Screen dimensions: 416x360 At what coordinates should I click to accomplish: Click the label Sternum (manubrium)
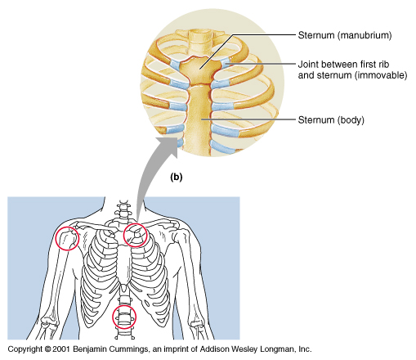click(x=345, y=35)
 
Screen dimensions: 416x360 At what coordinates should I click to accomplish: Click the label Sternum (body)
click(x=331, y=119)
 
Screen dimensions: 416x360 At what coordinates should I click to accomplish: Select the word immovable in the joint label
click(x=380, y=75)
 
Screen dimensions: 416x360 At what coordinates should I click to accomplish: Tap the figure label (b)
click(x=176, y=177)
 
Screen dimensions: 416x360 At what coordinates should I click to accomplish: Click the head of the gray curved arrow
click(x=168, y=146)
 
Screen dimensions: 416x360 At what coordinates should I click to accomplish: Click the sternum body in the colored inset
click(x=199, y=117)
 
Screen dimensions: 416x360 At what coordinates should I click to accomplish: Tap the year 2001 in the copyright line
click(x=61, y=349)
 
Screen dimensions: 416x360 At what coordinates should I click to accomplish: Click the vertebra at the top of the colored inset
click(x=202, y=35)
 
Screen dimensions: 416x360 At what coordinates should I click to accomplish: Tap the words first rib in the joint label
click(x=374, y=65)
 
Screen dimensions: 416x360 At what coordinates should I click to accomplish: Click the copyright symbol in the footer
click(x=47, y=349)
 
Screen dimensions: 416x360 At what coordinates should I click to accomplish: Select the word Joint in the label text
click(x=308, y=65)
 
